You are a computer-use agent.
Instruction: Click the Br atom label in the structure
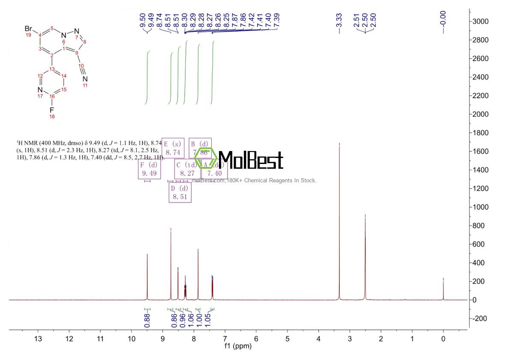pos(29,29)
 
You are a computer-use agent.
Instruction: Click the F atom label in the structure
pos(52,110)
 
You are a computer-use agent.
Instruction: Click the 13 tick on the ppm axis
pos(38,339)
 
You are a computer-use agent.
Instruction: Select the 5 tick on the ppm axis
pos(287,339)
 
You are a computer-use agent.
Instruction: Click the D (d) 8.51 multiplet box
pos(180,193)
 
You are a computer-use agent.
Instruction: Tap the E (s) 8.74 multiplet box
pos(173,148)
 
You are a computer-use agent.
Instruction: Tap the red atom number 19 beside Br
pos(29,35)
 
